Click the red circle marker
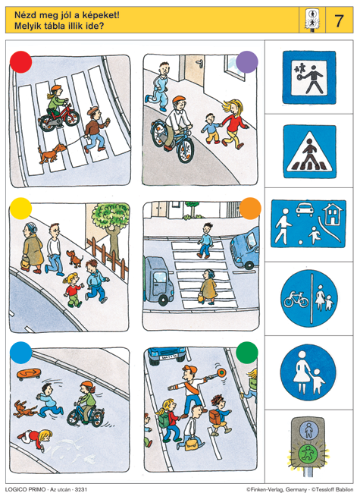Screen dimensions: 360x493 pos(20,62)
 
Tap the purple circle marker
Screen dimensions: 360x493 pos(247,62)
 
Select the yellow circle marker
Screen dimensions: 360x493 pos(20,209)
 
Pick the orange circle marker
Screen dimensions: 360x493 pos(250,209)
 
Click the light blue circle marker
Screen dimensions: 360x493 pos(20,353)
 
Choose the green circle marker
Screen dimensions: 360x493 pos(247,353)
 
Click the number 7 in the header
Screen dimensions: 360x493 pos(339,20)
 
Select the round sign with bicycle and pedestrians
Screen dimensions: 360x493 pos(309,298)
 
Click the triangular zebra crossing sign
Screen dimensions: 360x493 pos(310,152)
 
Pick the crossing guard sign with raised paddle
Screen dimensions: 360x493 pos(309,77)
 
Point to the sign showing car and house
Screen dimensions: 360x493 pos(308,224)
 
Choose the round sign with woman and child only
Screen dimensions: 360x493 pos(308,372)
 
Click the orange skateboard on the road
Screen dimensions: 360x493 pos(29,374)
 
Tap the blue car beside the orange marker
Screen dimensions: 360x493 pos(245,248)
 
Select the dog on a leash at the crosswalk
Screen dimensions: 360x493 pos(52,152)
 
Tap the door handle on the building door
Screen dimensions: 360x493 pos(199,64)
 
